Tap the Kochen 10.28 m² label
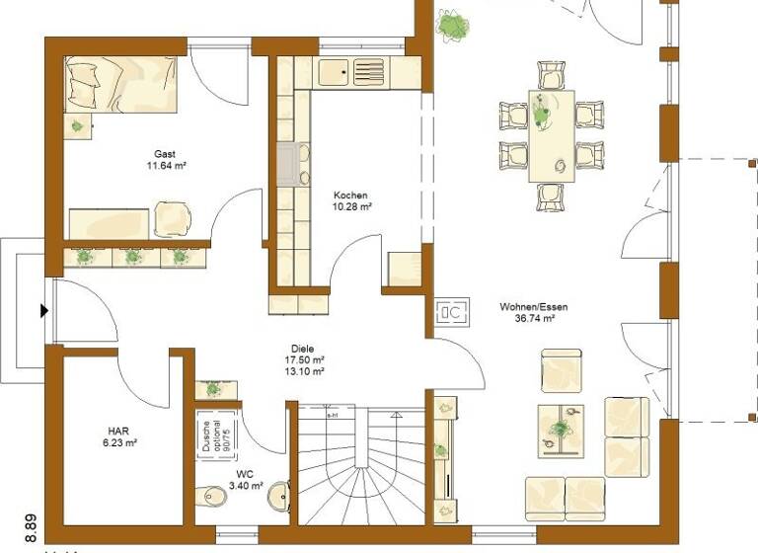pos(352,201)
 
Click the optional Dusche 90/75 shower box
pos(215,434)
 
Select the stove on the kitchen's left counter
pos(293,165)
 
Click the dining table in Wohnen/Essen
pos(551,135)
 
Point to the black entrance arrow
pos(43,311)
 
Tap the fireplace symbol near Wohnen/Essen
pos(452,312)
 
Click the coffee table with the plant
pos(560,430)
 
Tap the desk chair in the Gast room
pos(174,217)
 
